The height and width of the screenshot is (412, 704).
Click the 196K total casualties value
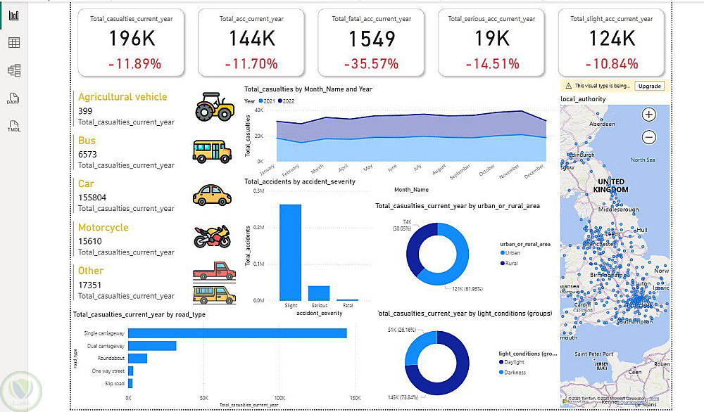point(132,39)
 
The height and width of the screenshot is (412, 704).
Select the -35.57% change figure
point(372,64)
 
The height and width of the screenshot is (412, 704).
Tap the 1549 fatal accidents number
point(372,39)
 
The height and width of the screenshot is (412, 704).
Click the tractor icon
point(214,108)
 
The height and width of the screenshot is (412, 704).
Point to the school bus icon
point(212,150)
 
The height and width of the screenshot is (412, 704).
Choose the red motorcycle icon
point(212,236)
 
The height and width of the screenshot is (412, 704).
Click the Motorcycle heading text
point(103,228)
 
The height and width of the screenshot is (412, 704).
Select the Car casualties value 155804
point(92,198)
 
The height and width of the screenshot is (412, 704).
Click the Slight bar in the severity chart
point(290,252)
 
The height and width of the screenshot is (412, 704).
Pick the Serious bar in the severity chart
point(319,292)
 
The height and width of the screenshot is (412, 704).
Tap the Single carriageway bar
point(237,333)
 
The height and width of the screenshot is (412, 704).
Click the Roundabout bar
point(137,359)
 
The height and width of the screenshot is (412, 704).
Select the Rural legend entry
point(512,263)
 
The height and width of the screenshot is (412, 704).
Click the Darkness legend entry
point(515,373)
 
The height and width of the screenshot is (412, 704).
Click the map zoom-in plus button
point(649,114)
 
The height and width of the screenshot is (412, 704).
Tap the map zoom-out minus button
point(649,137)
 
